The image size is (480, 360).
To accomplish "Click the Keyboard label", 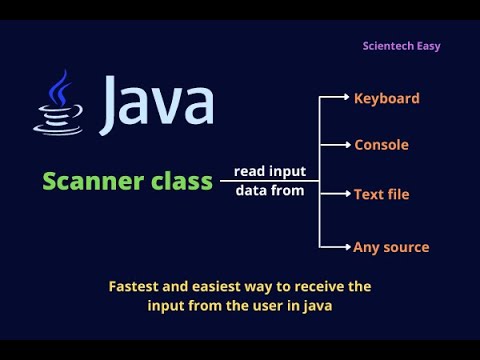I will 387,98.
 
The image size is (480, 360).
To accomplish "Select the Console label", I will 381,145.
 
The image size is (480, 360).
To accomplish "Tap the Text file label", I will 381,194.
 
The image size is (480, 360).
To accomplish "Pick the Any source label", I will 391,246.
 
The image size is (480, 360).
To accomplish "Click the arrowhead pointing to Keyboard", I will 346,98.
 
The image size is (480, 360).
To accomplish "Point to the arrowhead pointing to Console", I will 346,145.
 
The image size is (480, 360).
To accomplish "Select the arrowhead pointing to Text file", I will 346,194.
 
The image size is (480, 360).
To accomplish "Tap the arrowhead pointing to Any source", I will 346,246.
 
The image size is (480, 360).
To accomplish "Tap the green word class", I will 181,181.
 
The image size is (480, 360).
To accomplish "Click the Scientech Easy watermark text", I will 401,46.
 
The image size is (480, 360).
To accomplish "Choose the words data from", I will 269,190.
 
